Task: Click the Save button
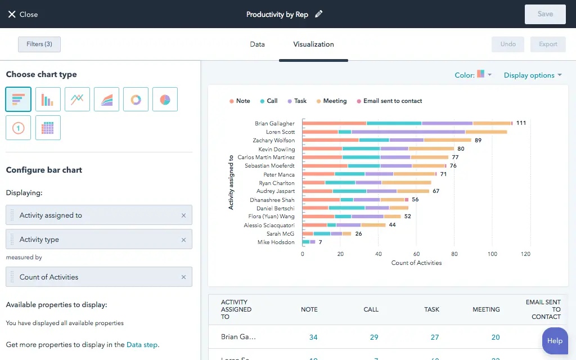[544, 14]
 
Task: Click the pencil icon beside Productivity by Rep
[319, 14]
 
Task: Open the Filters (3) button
[39, 44]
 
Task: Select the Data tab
[257, 44]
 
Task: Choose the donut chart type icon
[136, 100]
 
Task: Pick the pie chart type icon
[165, 100]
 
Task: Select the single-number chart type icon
[18, 128]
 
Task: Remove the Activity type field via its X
[183, 240]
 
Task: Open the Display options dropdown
[532, 75]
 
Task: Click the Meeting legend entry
[331, 101]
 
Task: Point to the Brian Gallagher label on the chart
[274, 123]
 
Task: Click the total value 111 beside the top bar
[521, 123]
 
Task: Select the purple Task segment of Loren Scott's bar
[408, 132]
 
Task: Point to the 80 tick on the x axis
[454, 254]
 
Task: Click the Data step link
[142, 345]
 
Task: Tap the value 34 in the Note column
[313, 337]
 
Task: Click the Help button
[554, 340]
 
